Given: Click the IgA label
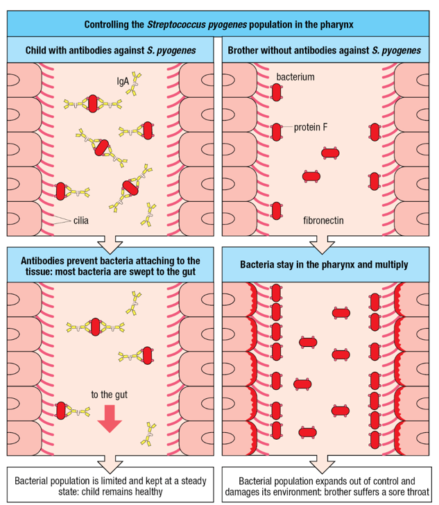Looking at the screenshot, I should pyautogui.click(x=121, y=81).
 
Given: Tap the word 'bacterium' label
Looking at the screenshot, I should pyautogui.click(x=295, y=76).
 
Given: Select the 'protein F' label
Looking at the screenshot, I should pyautogui.click(x=310, y=127).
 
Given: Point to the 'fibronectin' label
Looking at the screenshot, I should pyautogui.click(x=323, y=221).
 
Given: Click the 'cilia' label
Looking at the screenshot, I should pyautogui.click(x=80, y=221).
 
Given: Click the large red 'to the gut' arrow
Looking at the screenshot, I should pyautogui.click(x=110, y=418).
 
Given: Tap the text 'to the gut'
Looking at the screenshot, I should pyautogui.click(x=110, y=395).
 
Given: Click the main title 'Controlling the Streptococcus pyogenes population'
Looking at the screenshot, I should pyautogui.click(x=219, y=25).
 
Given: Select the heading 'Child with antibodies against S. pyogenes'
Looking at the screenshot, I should pyautogui.click(x=110, y=51).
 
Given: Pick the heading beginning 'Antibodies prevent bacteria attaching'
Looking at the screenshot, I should pyautogui.click(x=110, y=264).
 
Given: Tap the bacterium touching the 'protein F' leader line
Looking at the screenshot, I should pyautogui.click(x=276, y=130).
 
